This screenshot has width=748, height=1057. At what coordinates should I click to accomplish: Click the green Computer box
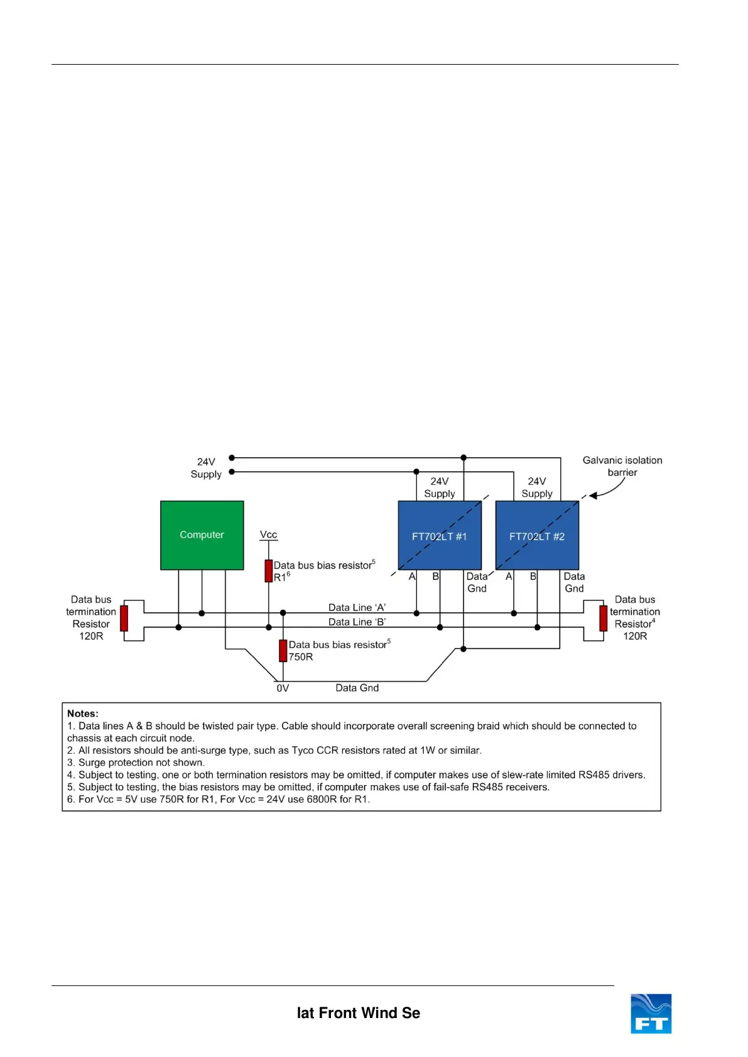[x=202, y=535]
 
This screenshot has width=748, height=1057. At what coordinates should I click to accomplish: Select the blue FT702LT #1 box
[x=440, y=536]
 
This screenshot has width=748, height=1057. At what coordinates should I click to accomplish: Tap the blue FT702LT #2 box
[x=537, y=536]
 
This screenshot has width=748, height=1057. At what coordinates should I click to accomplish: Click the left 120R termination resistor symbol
[x=124, y=618]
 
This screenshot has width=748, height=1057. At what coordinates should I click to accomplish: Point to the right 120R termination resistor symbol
[x=603, y=618]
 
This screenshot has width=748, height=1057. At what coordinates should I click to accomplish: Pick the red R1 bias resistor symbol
[x=269, y=571]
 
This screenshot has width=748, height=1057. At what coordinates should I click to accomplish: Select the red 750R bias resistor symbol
[x=283, y=651]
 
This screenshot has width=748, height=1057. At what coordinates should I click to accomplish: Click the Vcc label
[x=268, y=534]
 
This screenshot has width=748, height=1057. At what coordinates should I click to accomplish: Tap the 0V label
[x=283, y=688]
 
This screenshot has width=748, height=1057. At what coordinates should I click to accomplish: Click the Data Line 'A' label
[x=357, y=607]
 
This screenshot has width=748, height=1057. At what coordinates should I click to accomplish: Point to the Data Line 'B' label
[x=357, y=622]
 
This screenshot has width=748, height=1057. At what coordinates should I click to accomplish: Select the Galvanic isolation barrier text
[x=622, y=466]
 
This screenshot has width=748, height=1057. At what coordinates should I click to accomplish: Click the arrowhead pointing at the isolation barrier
[x=592, y=496]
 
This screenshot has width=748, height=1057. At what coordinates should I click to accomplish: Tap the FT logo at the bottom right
[x=651, y=1014]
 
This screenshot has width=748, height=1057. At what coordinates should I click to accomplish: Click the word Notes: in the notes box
[x=83, y=713]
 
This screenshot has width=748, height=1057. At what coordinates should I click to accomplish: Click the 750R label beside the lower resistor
[x=301, y=657]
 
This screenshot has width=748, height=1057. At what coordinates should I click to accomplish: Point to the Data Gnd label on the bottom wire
[x=357, y=688]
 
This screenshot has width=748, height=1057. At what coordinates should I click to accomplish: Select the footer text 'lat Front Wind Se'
[x=358, y=1013]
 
